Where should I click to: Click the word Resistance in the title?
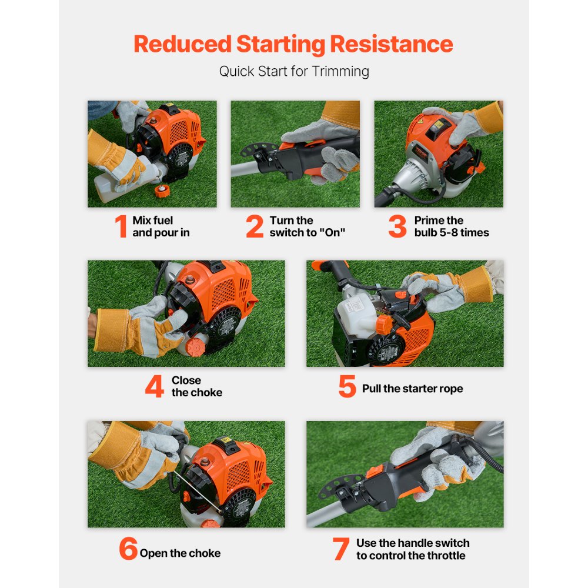click(x=391, y=44)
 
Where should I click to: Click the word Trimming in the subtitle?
click(x=340, y=71)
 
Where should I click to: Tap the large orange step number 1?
click(x=121, y=226)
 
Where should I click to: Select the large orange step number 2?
click(x=255, y=226)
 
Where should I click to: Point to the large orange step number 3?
click(x=397, y=226)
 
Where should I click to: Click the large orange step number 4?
click(x=155, y=386)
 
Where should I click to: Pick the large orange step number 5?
click(x=348, y=386)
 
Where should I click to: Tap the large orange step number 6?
click(x=128, y=548)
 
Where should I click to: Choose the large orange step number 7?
click(x=341, y=549)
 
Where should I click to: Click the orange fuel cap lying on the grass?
click(x=162, y=191)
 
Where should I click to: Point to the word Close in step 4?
click(x=186, y=380)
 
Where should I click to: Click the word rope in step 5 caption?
click(x=452, y=389)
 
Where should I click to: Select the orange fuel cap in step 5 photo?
click(x=384, y=323)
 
